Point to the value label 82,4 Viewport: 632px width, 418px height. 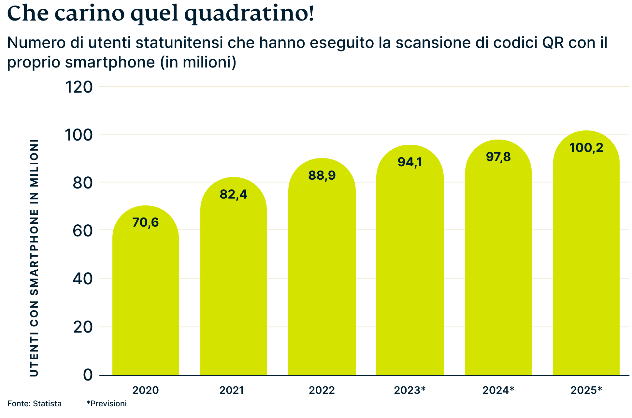(233, 194)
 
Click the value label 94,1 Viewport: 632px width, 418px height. (410, 162)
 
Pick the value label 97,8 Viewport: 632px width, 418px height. (498, 157)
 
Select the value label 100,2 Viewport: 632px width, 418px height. (586, 148)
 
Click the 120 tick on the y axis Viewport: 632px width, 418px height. (79, 87)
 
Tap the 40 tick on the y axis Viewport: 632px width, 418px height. (83, 279)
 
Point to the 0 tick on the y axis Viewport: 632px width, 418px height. (88, 375)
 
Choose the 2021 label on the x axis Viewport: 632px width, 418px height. (231, 390)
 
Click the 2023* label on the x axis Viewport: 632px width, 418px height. (409, 390)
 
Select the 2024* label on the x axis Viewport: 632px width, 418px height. (498, 390)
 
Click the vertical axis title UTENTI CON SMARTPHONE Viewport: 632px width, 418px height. (34, 258)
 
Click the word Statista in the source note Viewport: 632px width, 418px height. (47, 404)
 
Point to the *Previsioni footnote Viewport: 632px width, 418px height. (107, 404)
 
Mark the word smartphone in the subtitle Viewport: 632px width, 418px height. (110, 62)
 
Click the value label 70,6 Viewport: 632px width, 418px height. (146, 222)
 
